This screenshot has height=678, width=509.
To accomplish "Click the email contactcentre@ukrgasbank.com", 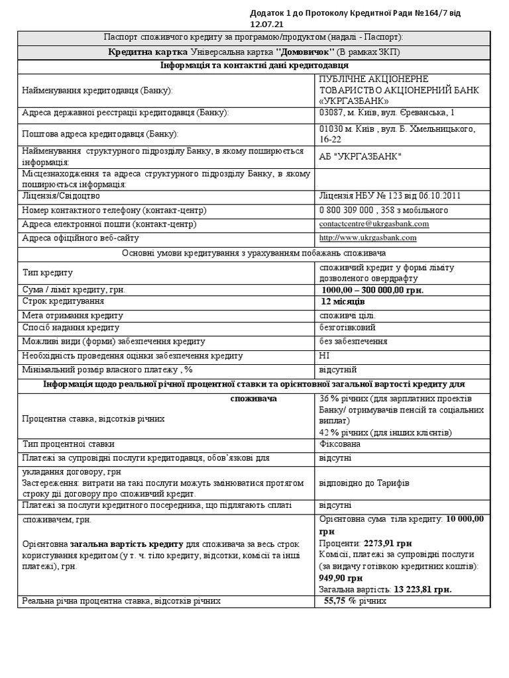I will click(374, 224).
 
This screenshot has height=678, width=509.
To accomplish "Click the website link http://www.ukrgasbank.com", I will click(367, 238).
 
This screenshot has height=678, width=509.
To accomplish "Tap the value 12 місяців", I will click(343, 301).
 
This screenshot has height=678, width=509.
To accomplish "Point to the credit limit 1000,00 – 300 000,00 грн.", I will click(372, 290).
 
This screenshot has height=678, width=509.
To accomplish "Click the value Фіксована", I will click(339, 444).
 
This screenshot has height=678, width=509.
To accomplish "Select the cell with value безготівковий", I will click(347, 328).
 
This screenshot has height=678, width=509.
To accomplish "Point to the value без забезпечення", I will click(353, 341).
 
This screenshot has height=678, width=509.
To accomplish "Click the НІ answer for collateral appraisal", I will click(324, 356).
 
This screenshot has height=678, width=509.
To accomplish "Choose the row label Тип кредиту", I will click(48, 272).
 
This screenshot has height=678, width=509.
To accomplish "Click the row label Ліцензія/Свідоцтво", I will click(61, 196).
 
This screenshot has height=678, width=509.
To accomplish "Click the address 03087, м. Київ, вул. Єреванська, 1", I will click(387, 113).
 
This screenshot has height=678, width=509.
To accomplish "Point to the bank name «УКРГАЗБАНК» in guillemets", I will click(355, 101).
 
